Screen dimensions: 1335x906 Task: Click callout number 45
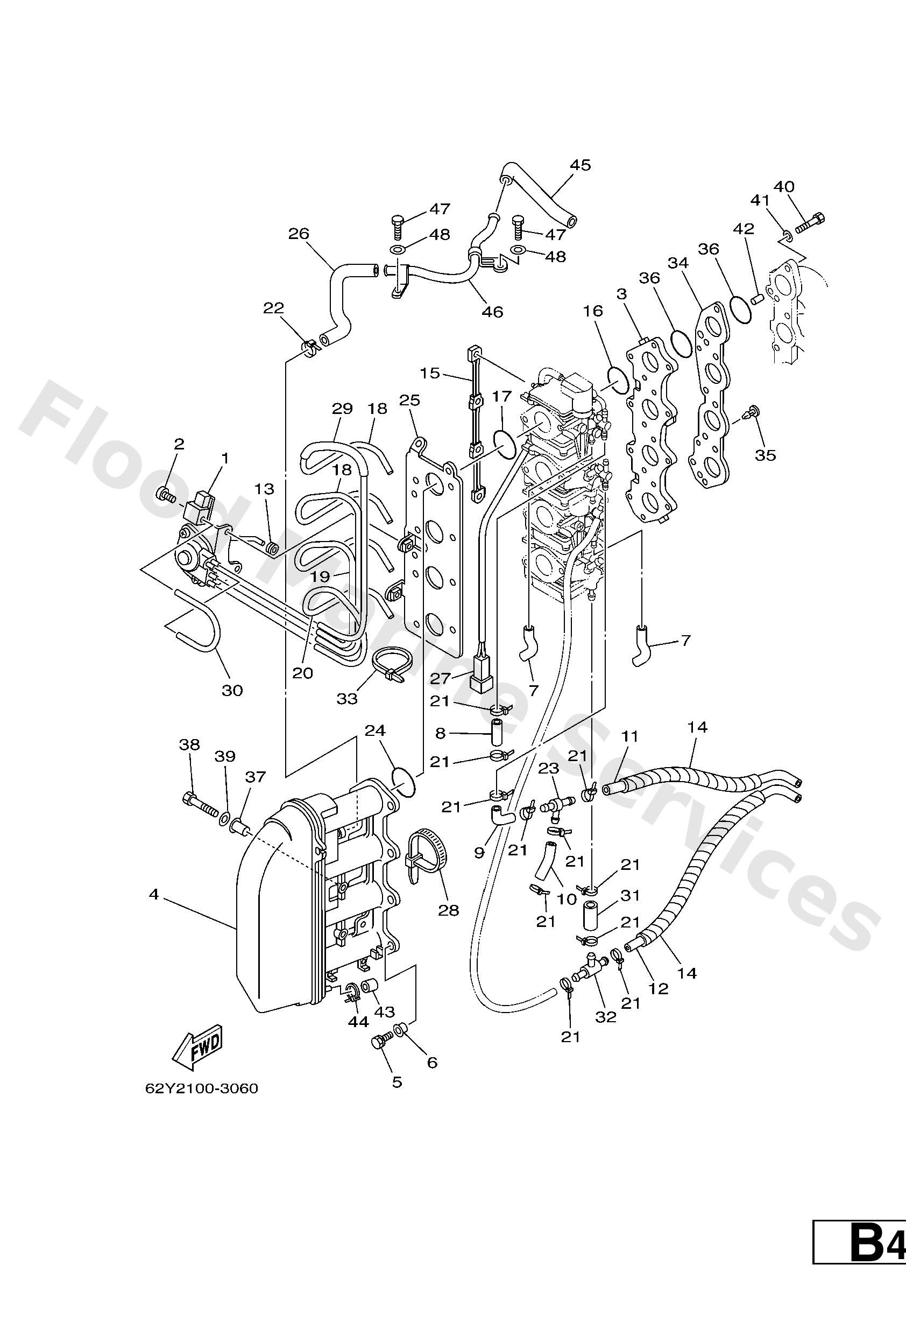(580, 165)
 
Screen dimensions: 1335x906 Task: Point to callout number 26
(299, 234)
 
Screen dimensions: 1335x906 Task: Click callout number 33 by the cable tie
(347, 699)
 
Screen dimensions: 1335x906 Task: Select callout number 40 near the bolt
(784, 187)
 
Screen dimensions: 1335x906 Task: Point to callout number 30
(232, 691)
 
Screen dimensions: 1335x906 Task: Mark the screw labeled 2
(165, 494)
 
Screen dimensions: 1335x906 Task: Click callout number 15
(429, 374)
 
